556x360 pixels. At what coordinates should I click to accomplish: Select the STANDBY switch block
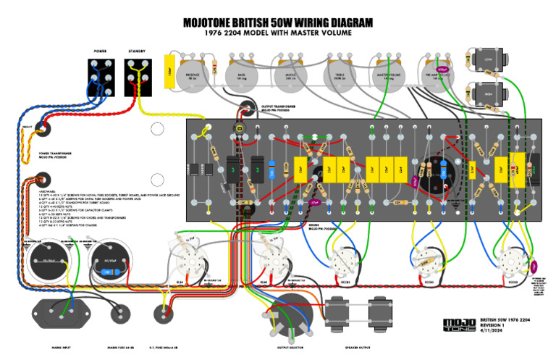click(x=137, y=76)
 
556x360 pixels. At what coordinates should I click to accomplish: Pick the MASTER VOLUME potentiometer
click(x=387, y=72)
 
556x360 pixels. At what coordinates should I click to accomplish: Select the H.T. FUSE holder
click(x=164, y=314)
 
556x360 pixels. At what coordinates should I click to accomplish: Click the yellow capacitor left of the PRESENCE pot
click(x=170, y=73)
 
